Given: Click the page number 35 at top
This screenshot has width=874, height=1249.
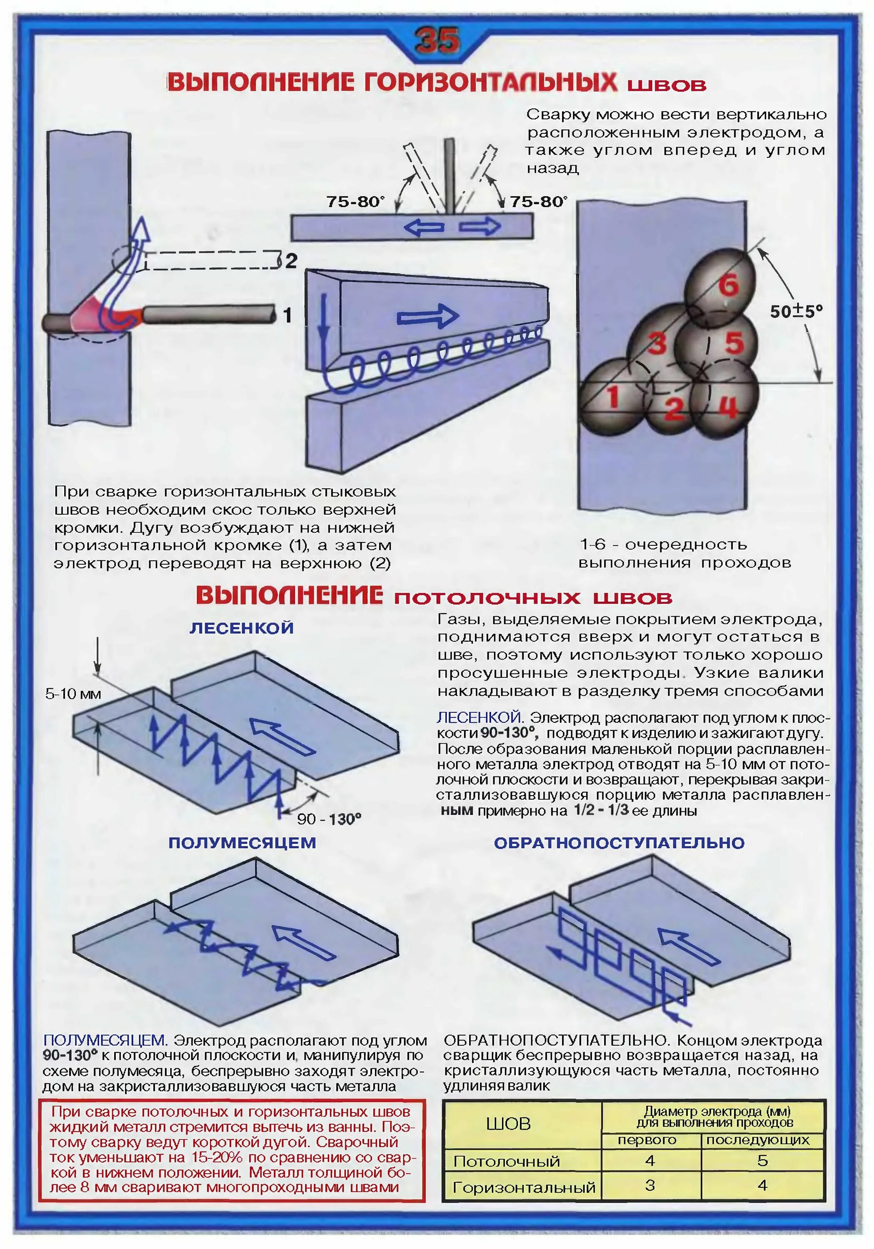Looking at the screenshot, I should pyautogui.click(x=437, y=40).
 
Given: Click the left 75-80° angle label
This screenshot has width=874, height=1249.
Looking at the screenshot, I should pyautogui.click(x=355, y=202).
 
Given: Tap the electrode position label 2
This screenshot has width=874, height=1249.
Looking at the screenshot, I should pyautogui.click(x=291, y=261).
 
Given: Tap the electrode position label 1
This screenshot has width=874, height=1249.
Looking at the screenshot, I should pyautogui.click(x=287, y=315).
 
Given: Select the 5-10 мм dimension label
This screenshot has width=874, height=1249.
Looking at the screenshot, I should pyautogui.click(x=73, y=694).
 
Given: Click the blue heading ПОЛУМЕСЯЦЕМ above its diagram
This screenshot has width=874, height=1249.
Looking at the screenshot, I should pyautogui.click(x=242, y=843).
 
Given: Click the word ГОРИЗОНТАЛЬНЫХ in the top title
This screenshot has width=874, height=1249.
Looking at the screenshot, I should pyautogui.click(x=490, y=83).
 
